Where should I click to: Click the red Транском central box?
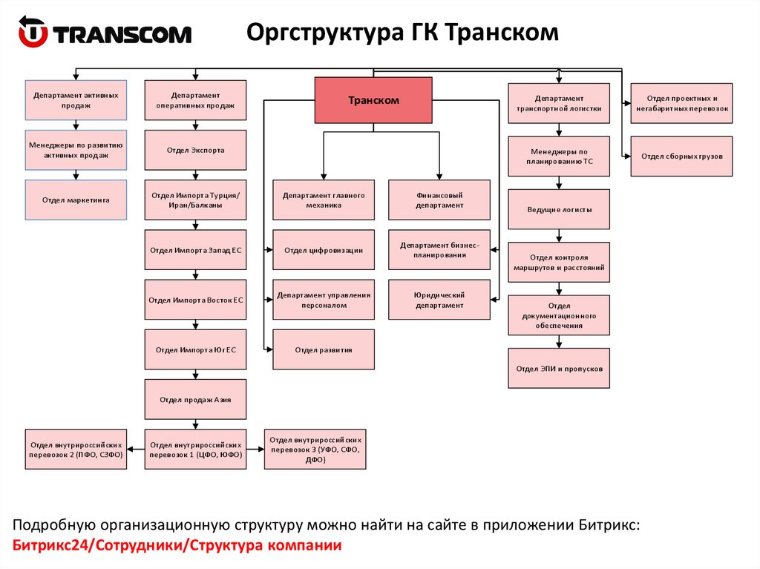coord(373,100)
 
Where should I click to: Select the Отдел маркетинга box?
coord(76,200)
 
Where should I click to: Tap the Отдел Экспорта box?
coord(195,150)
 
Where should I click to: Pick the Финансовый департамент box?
coord(439,200)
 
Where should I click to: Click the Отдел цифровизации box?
coord(323,250)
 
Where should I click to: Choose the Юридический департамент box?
coord(439,300)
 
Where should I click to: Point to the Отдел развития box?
coord(323,349)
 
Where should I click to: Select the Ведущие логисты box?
coord(559,209)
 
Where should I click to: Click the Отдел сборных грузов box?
coord(681,156)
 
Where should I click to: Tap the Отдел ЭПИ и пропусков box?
coord(559,368)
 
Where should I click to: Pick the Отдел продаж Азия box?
coord(195,399)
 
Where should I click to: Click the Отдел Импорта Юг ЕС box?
coord(195,349)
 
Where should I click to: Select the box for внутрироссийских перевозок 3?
coord(315,450)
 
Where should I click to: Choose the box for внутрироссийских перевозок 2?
coord(76,450)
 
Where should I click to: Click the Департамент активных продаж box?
coord(76,100)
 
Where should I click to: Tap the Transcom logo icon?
coord(33,34)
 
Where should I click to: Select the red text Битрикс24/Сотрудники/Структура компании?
coord(177,546)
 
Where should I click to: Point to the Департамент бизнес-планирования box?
coord(439,250)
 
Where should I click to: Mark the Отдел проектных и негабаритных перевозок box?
coord(681,103)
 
